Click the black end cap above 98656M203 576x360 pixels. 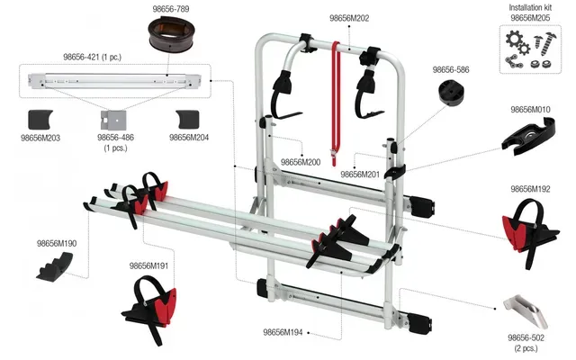(x=44, y=119)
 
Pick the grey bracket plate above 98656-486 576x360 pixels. (x=115, y=120)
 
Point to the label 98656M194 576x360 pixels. (x=285, y=332)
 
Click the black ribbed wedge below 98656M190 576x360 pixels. (x=57, y=265)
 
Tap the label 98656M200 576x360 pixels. (x=301, y=162)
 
